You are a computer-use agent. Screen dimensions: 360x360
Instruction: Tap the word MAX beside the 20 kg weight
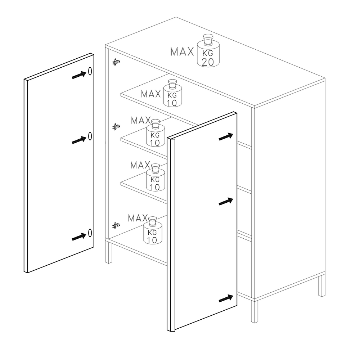[x=182, y=51]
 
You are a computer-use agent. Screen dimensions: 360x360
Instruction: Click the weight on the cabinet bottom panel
[x=153, y=230]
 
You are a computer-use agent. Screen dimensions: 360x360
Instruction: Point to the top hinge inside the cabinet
[x=116, y=62]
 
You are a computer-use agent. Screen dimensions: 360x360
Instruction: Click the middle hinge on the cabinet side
[x=116, y=126]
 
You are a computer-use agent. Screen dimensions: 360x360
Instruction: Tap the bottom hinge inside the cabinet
[x=116, y=225]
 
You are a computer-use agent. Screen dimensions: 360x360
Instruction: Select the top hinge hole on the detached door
[x=90, y=71]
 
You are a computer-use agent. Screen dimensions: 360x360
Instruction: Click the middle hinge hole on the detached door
[x=90, y=136]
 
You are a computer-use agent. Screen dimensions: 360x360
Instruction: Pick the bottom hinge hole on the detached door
[x=90, y=233]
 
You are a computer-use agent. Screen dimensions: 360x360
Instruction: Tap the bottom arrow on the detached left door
[x=79, y=237]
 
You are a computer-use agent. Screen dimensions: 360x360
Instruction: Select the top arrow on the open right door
[x=226, y=136]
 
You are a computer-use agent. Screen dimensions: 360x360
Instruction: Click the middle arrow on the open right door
[x=226, y=201]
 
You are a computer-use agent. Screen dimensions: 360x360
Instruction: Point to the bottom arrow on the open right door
[x=226, y=298]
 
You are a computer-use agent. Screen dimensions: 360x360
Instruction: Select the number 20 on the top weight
[x=208, y=62]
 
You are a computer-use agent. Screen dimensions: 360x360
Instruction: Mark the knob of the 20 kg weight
[x=208, y=39]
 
